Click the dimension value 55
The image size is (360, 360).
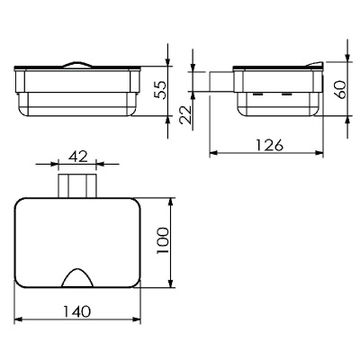pos(160,90)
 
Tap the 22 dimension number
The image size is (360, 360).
pos(185,114)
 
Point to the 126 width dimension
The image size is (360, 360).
pos(270,145)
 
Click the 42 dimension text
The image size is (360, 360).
pos(77,156)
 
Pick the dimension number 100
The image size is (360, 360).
pos(163,240)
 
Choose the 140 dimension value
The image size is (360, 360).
pos(76,311)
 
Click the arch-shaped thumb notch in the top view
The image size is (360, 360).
pos(77,277)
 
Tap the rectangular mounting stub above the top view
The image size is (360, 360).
pos(77,185)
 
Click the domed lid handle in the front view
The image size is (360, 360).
pos(77,65)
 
